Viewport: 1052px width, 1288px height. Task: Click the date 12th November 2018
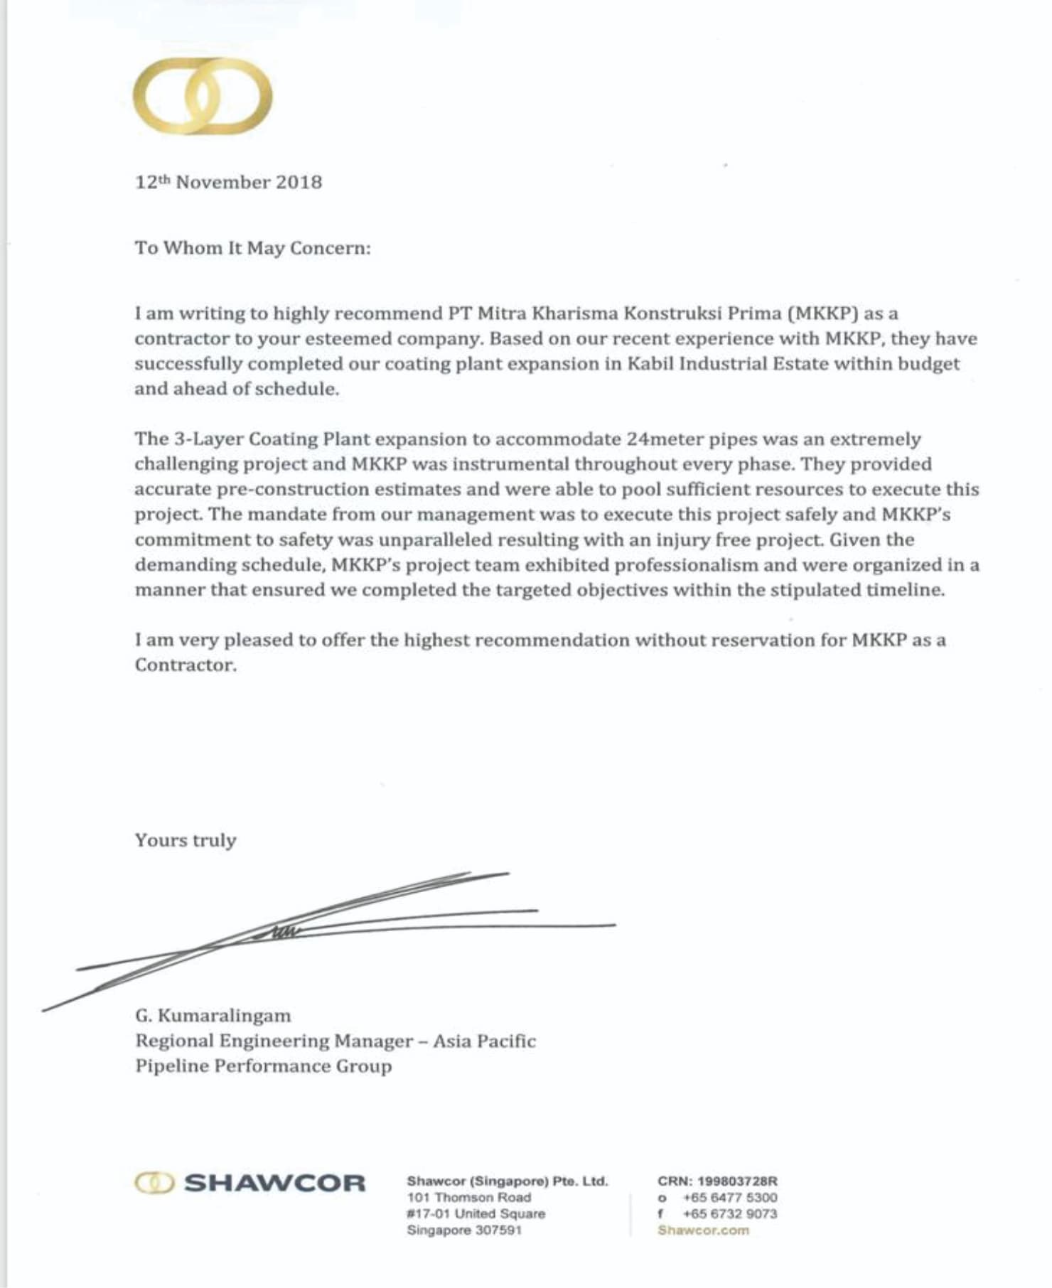228,183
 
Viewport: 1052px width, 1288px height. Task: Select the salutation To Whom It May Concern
252,248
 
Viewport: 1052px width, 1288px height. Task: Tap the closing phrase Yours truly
186,840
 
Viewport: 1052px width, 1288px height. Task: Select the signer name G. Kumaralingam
213,1016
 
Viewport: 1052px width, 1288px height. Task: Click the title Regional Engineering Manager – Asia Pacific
335,1041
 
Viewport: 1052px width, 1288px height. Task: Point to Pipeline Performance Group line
263,1066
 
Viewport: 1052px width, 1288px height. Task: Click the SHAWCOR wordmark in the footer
274,1184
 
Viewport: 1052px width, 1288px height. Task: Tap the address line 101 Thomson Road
468,1198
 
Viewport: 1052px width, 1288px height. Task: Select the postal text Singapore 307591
464,1230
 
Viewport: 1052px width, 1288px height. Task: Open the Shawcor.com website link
703,1230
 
